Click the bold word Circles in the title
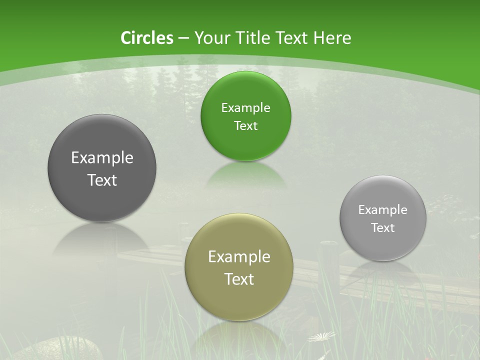point(147,38)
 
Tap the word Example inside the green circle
point(245,107)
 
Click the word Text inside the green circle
point(245,125)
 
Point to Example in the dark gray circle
point(102,157)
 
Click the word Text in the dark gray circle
point(102,180)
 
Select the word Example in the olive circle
point(239,256)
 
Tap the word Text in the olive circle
point(239,278)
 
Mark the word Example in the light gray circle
point(383,209)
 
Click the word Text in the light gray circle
point(383,227)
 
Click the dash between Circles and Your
point(183,38)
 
